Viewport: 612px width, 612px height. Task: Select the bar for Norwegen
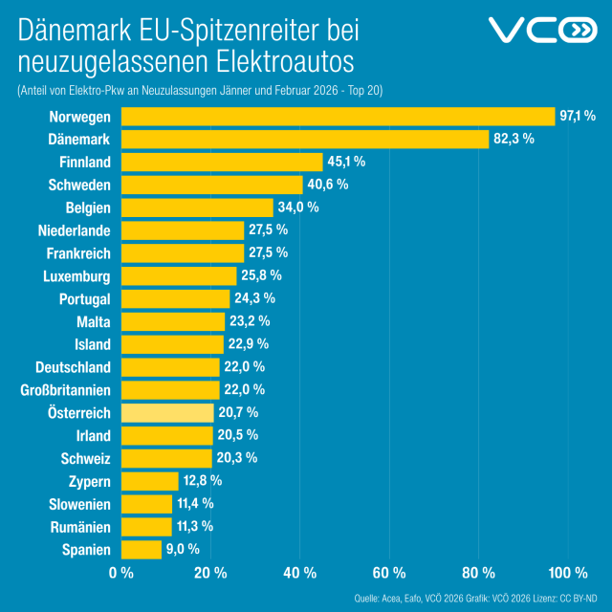[338, 117]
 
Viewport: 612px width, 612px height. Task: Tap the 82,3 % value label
[514, 139]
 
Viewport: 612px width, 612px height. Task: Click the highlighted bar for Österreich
[166, 413]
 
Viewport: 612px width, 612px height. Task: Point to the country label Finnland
[84, 162]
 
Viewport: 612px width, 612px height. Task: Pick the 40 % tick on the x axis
[300, 573]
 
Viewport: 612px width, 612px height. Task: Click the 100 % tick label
[568, 573]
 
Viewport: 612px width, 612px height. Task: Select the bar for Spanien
[142, 550]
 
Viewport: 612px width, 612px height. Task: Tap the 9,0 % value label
[183, 549]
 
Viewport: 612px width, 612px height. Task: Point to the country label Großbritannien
[65, 390]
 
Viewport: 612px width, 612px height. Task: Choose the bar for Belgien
[197, 208]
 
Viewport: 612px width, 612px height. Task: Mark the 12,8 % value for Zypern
[202, 480]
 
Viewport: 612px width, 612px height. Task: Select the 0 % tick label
[121, 573]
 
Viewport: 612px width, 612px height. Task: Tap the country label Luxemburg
[77, 276]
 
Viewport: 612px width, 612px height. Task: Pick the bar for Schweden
[211, 185]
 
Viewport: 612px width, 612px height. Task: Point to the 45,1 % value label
[347, 162]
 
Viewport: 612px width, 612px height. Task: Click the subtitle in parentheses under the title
[199, 90]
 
